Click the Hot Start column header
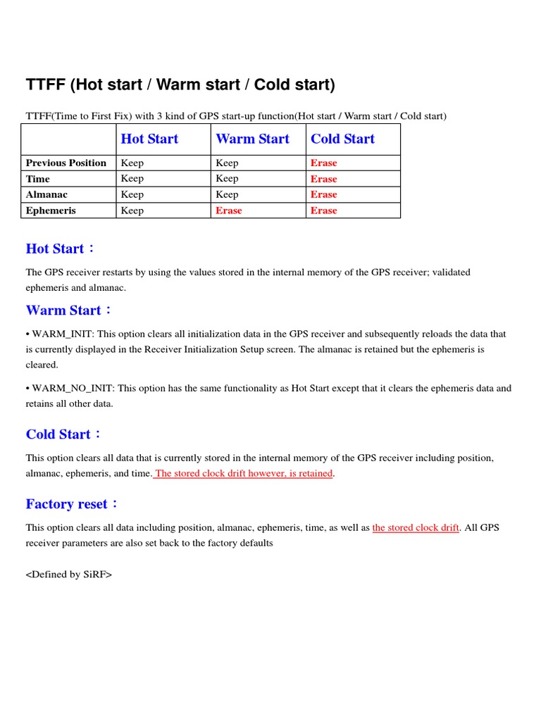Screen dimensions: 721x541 coord(149,139)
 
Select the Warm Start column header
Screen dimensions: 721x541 coord(252,139)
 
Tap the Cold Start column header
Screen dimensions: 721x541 coord(342,139)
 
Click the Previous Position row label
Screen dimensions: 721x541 coord(66,163)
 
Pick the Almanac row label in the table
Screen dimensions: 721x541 coord(46,194)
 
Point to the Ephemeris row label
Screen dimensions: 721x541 coord(51,211)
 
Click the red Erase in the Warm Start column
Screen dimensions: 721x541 coord(228,211)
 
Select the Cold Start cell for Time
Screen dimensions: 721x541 coord(324,179)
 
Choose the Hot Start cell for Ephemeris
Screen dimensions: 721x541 coord(132,211)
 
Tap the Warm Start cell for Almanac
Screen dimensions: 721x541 coord(227,194)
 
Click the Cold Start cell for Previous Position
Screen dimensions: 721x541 coord(324,163)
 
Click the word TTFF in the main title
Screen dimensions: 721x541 coord(45,85)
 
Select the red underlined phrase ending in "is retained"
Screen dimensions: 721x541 coord(244,473)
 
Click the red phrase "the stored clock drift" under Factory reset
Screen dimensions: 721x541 coord(416,527)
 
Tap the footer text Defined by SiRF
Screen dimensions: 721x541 coord(69,575)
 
